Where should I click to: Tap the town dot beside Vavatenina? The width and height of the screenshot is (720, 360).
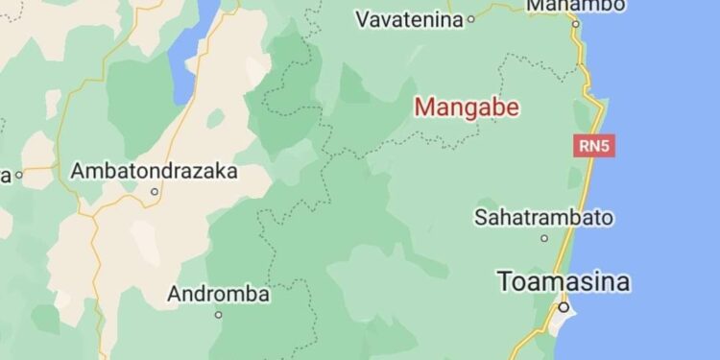pyautogui.click(x=471, y=19)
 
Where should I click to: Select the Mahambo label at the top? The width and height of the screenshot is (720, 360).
pyautogui.click(x=577, y=5)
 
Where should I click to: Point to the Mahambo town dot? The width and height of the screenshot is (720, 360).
pyautogui.click(x=576, y=23)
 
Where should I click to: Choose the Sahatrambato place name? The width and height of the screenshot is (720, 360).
pyautogui.click(x=543, y=217)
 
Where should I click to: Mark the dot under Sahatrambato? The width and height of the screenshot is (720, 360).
pyautogui.click(x=544, y=238)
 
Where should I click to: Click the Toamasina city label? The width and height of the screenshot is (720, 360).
pyautogui.click(x=564, y=281)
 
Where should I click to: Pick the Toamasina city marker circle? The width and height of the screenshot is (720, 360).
pyautogui.click(x=564, y=307)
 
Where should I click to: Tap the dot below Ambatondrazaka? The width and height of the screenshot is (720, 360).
pyautogui.click(x=154, y=191)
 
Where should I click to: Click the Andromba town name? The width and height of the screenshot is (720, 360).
pyautogui.click(x=218, y=294)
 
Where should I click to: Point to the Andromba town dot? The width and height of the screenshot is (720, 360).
pyautogui.click(x=218, y=314)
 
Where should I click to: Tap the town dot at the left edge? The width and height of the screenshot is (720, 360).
pyautogui.click(x=17, y=175)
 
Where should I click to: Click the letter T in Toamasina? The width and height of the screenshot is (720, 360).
pyautogui.click(x=505, y=281)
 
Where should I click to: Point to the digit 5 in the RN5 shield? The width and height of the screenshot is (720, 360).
pyautogui.click(x=604, y=147)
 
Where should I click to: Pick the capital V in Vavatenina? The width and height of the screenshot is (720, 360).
pyautogui.click(x=363, y=19)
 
